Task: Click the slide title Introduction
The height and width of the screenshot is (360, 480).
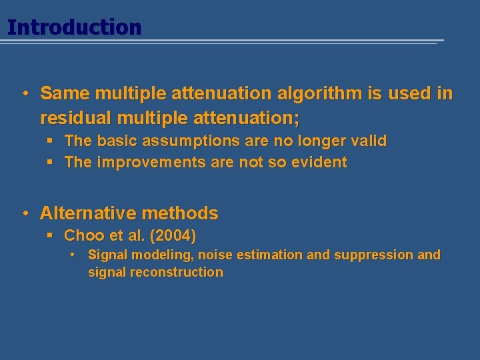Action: tap(74, 27)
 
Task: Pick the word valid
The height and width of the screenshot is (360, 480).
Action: tap(368, 141)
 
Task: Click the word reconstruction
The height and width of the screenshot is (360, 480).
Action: tap(177, 272)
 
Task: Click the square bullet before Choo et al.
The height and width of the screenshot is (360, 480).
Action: tap(50, 235)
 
